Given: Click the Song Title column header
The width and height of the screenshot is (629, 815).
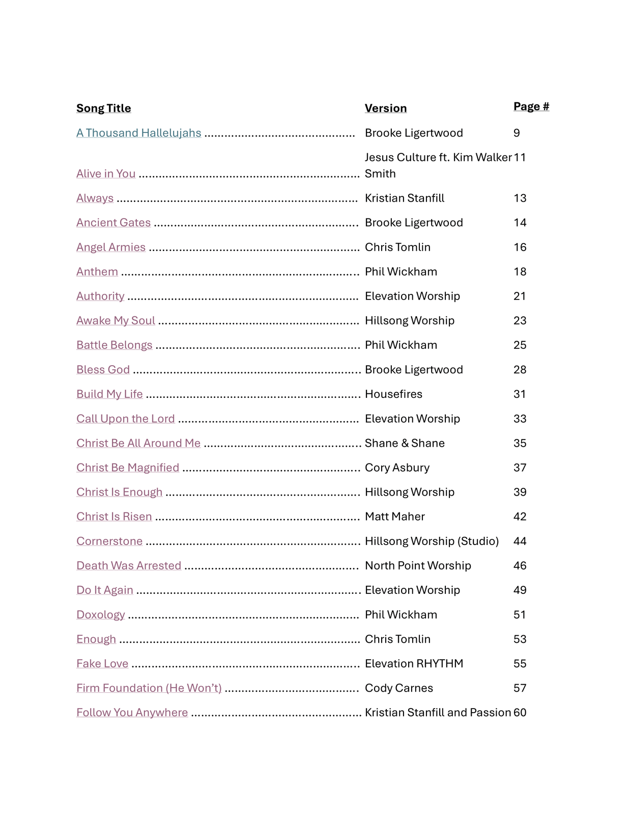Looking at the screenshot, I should coord(103,108).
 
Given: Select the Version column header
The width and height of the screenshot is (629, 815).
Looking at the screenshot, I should coord(385,108).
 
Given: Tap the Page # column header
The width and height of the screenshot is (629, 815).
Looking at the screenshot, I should coord(531,106).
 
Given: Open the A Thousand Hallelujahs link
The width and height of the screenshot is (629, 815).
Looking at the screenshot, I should coord(138,133).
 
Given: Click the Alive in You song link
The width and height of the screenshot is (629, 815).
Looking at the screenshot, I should coord(106,174).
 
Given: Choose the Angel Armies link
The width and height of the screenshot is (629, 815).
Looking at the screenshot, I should coord(111,247).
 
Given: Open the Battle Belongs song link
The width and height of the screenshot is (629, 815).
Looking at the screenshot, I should coord(114,345).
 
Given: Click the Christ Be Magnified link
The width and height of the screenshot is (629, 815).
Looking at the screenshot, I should coord(128,468).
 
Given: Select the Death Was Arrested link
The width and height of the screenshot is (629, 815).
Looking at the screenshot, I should coord(129,565).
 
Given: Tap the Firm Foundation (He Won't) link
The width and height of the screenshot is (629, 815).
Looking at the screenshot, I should coord(149,688).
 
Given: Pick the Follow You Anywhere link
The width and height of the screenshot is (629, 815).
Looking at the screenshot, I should coord(132,713).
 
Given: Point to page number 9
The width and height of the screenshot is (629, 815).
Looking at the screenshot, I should coord(517,133).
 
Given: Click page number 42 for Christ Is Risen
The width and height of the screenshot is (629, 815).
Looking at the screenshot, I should coord(520,517).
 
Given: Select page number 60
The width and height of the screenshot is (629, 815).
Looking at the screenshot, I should coord(520,713).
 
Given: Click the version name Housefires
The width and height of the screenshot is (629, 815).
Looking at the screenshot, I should coord(393,394).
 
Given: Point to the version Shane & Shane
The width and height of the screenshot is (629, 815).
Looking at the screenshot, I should coord(405,443).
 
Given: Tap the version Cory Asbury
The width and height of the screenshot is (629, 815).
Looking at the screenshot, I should coord(397,468).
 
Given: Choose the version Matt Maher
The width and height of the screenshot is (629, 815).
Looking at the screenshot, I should coord(394,517).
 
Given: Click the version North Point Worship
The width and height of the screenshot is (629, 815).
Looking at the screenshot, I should coord(418,565).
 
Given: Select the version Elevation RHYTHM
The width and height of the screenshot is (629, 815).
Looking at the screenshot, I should coord(414,664).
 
